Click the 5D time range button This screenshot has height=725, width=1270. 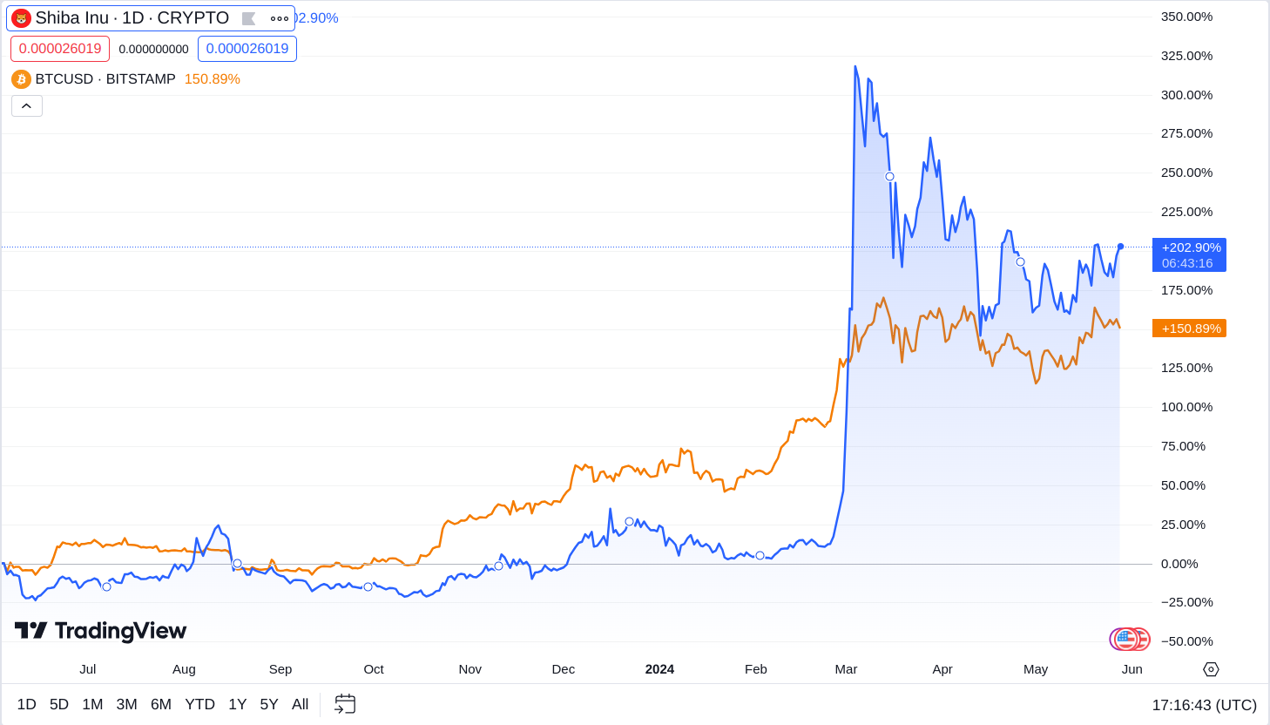coord(59,704)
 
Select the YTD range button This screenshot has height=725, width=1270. coord(199,704)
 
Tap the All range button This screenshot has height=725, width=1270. coord(300,704)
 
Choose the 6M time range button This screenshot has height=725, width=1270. coord(161,704)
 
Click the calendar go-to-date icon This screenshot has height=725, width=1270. coord(345,704)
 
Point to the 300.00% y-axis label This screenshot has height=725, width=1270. coord(1186,95)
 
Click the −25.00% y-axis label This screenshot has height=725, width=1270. coord(1186,602)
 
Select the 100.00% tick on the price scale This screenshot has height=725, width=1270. coord(1186,407)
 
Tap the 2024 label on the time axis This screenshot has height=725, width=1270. coord(659,669)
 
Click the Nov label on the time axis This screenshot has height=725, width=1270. coord(469,669)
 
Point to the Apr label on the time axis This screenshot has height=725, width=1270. coord(942,669)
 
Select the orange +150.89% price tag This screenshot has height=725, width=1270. coord(1189,329)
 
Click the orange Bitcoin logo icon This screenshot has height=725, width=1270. coord(21,79)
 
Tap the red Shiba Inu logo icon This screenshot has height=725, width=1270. coord(21,18)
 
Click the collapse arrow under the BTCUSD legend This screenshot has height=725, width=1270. coord(27,106)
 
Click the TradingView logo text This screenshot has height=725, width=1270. coord(101,631)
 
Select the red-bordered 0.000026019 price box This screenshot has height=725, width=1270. coord(60,49)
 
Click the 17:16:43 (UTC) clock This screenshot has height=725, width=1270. coord(1204,705)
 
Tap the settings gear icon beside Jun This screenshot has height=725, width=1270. coord(1211,669)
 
